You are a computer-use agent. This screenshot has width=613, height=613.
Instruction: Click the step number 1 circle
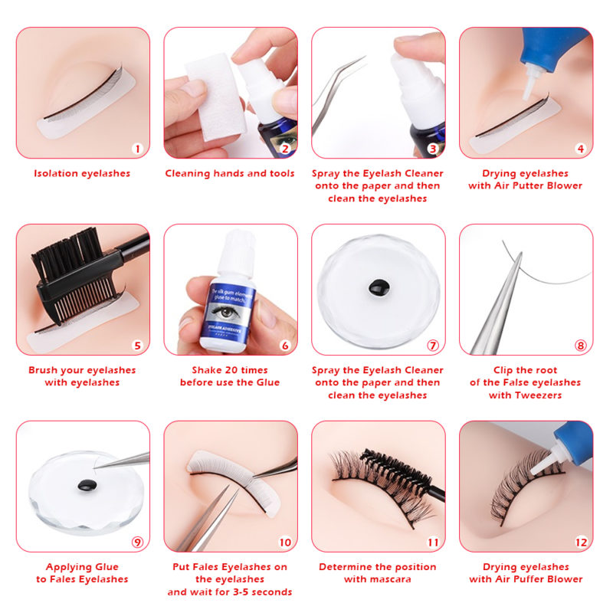[137, 149]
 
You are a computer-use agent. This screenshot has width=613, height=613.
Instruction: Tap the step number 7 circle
[433, 346]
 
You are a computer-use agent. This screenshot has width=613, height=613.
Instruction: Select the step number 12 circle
[581, 542]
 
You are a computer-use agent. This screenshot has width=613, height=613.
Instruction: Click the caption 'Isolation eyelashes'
[82, 173]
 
